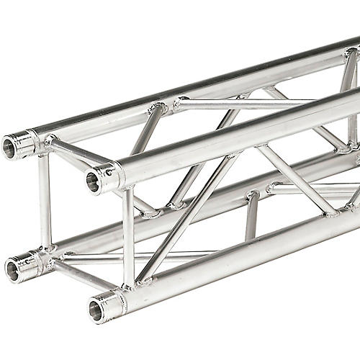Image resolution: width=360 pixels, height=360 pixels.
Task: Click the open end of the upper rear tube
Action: click(10, 148)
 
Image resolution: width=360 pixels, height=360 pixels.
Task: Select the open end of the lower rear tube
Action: click(12, 271)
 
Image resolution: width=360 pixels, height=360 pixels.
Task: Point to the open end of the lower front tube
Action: click(95, 310)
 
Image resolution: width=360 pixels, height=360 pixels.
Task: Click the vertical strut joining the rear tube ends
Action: click(45, 202)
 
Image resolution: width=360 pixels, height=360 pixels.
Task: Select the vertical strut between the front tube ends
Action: click(127, 238)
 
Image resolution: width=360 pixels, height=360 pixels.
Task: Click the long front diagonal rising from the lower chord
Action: click(187, 216)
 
